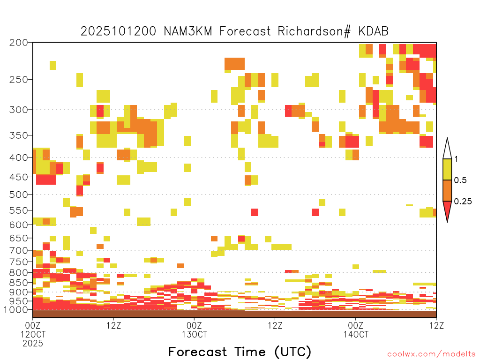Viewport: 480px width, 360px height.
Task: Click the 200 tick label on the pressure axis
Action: coord(18,43)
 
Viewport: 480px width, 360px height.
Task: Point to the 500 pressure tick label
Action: coord(18,195)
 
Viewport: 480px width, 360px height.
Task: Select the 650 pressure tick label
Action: coord(18,238)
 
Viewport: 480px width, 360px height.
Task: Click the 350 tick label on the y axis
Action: coord(18,135)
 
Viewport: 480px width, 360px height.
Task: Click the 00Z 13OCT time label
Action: coord(195,330)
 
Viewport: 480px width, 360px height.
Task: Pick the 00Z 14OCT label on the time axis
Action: coord(356,330)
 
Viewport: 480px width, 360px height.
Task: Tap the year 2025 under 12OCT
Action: coord(33,343)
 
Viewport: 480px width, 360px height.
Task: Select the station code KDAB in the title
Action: coord(374,31)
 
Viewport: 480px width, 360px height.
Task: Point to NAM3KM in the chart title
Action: coord(188,31)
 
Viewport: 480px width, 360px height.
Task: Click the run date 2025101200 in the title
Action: coord(118,31)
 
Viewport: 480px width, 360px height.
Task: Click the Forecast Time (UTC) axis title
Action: coord(240,352)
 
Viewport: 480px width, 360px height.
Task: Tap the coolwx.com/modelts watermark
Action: coord(432,354)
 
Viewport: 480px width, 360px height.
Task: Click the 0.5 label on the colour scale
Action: coord(460,180)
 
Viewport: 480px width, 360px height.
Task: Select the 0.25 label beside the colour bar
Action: coord(463,202)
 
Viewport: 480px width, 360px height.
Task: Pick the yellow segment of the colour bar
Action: coord(447,169)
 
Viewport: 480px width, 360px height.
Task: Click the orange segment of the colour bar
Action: coord(447,190)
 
